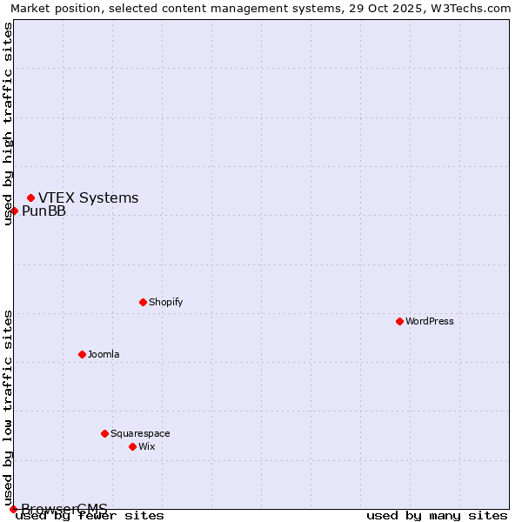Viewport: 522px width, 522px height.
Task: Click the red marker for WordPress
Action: coord(399,321)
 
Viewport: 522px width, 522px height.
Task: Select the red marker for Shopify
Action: coord(143,302)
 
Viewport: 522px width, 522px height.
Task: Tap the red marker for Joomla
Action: coord(82,354)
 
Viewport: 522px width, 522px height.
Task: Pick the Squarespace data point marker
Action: coord(104,433)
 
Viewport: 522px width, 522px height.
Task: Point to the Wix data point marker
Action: coord(132,446)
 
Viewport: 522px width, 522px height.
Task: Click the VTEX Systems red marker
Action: coord(30,197)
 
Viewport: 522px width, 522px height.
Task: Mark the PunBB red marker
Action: coord(14,211)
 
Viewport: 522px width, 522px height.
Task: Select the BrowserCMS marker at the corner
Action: coord(13,509)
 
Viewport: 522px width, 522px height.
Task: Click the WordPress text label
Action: coord(430,322)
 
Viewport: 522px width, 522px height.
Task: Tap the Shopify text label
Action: coord(166,303)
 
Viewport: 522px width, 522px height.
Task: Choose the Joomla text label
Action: coord(104,355)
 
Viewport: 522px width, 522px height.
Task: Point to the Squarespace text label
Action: coord(140,434)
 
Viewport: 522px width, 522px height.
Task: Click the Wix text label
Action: coord(147,447)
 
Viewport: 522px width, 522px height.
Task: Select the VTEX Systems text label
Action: coord(89,198)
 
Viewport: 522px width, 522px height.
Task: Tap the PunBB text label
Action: coord(44,211)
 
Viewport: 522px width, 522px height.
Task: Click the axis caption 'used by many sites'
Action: coord(437,516)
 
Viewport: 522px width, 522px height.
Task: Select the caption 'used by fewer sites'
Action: coord(90,516)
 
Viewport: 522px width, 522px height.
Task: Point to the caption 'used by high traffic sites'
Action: coord(9,124)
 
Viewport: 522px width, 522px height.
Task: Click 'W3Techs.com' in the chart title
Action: coord(471,9)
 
